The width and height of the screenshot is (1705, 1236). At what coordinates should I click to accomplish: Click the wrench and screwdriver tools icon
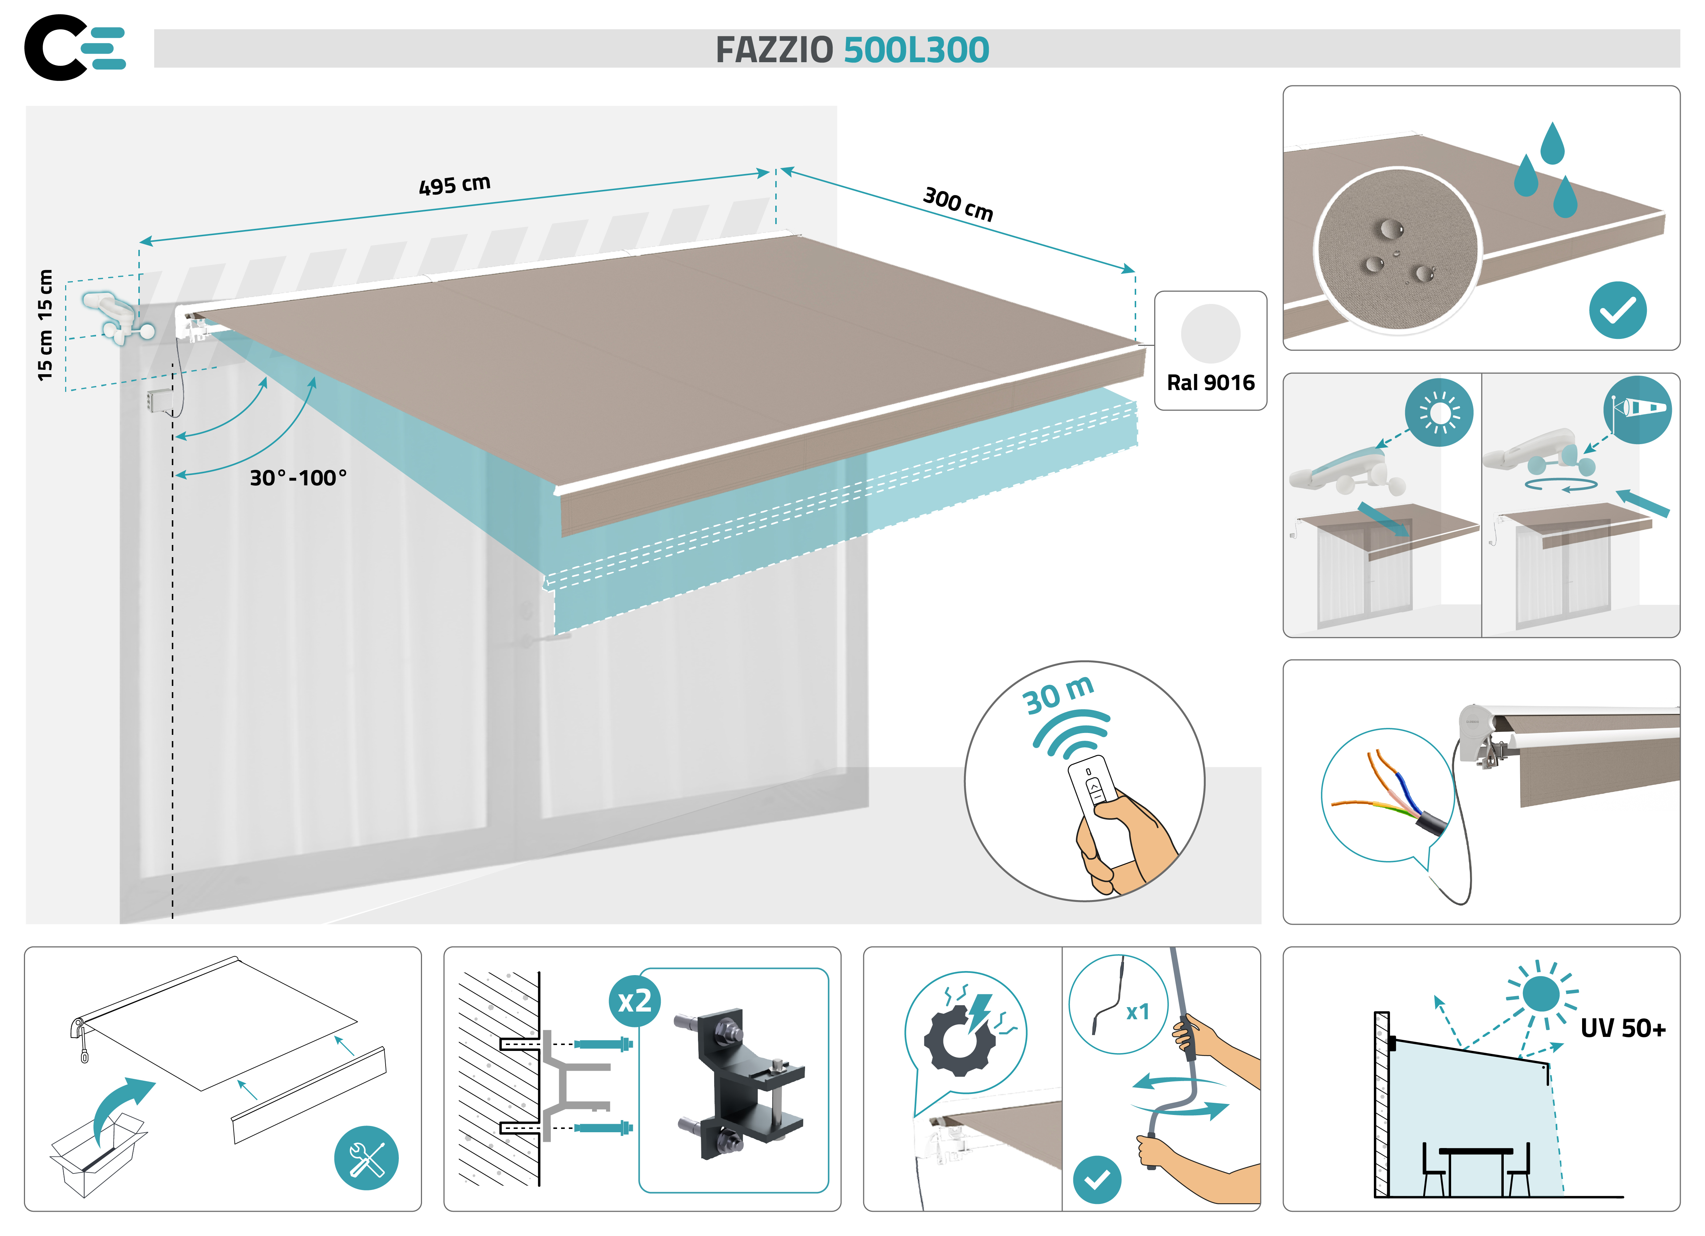click(366, 1158)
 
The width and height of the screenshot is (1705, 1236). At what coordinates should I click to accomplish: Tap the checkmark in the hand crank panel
click(1097, 1179)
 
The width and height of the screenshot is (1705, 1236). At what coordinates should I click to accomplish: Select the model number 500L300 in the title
click(916, 50)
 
